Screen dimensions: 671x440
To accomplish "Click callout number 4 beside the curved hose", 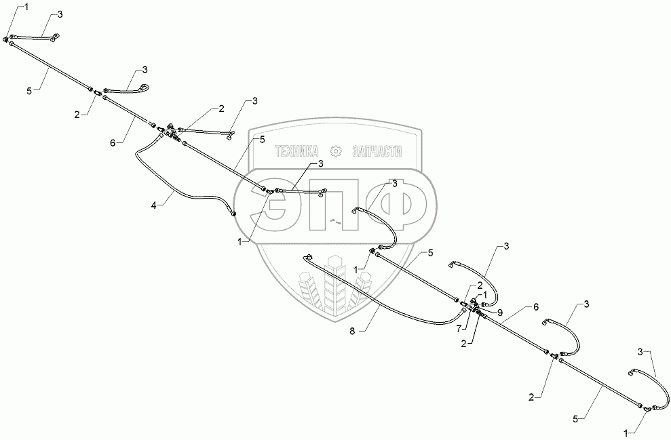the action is pyautogui.click(x=154, y=203).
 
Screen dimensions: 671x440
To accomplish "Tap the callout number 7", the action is pyautogui.click(x=459, y=328).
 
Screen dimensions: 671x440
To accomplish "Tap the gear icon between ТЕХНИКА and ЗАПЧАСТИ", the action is pyautogui.click(x=335, y=151).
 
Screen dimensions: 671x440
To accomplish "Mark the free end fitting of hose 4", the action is pyautogui.click(x=235, y=214).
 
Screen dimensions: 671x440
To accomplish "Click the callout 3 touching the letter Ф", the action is pyautogui.click(x=393, y=184).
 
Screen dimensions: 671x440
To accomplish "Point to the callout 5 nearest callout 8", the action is pyautogui.click(x=429, y=252).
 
